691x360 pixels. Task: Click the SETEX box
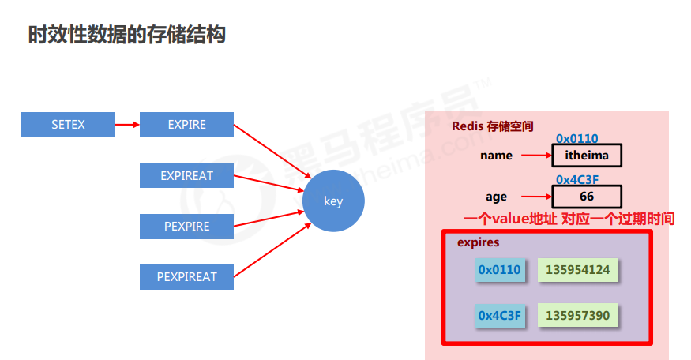(68, 125)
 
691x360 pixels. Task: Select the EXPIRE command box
(186, 125)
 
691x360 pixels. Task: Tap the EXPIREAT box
(186, 175)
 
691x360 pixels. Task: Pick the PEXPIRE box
(186, 227)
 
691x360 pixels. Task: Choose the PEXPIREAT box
(186, 277)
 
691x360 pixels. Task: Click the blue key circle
(333, 201)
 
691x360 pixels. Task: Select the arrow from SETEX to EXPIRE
(127, 125)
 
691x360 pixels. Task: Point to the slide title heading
(127, 35)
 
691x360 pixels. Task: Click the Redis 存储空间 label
(492, 126)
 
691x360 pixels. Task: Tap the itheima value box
(587, 156)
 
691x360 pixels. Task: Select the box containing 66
(587, 196)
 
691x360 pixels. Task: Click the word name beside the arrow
(496, 156)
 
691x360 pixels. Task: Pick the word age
(497, 197)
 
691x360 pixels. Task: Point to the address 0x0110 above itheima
(576, 139)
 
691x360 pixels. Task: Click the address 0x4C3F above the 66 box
(576, 179)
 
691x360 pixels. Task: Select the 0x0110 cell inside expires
(499, 271)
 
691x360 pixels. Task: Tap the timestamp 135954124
(578, 271)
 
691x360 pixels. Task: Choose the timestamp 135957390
(578, 316)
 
